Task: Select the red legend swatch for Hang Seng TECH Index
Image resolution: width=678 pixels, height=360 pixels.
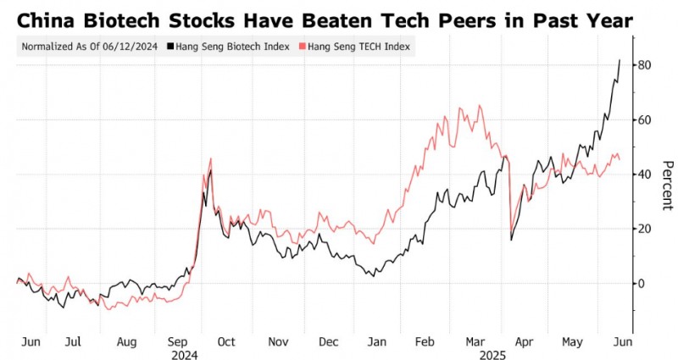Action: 311,47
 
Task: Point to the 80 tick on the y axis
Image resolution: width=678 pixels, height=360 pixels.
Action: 645,65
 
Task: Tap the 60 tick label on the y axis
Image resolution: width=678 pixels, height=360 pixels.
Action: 645,120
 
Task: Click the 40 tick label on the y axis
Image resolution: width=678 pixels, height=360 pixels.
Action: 645,174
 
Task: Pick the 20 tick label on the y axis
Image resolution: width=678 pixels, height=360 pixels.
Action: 645,230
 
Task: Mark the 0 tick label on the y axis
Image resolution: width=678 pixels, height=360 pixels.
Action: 642,284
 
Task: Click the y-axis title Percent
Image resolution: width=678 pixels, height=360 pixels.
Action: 667,185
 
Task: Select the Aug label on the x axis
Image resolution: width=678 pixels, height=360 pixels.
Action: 125,341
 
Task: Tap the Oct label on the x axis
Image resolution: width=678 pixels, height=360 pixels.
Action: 226,341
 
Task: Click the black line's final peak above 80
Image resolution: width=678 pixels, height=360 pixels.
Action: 620,60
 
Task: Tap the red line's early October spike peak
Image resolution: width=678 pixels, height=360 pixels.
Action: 210,158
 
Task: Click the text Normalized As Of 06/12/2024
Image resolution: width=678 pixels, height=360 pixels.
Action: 88,47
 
